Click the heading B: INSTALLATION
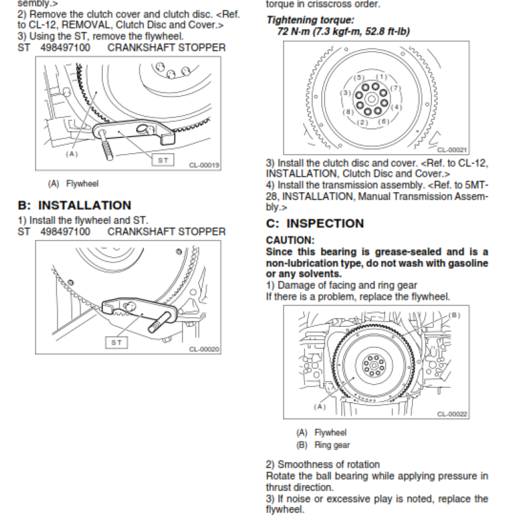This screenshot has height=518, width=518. coord(74,205)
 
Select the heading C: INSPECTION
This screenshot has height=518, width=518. coord(315,223)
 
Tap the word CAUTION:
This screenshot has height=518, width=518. coord(290,240)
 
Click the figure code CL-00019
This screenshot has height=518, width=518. coord(205,165)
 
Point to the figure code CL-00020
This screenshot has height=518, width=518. coord(205,349)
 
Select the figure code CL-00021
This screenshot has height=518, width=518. coord(453,150)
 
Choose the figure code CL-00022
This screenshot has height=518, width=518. coord(453,414)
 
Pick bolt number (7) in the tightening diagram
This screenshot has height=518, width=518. coord(396,88)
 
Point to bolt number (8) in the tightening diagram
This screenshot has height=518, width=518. coord(349,112)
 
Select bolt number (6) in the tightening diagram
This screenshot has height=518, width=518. coord(383,121)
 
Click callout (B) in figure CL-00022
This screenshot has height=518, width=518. coord(453,315)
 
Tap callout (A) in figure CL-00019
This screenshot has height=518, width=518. coord(71,154)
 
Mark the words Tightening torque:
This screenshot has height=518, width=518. coord(310,21)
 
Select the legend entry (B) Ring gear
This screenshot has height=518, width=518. coord(322,445)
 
